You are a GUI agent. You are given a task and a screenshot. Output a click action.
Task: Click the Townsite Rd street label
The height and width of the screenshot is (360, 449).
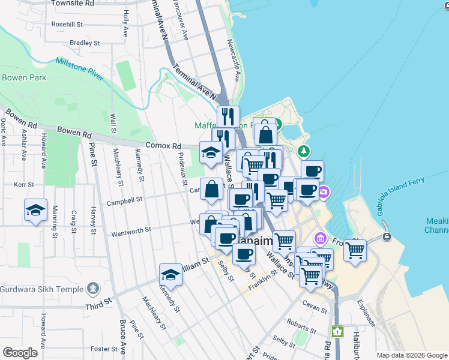pyautogui.click(x=73, y=4)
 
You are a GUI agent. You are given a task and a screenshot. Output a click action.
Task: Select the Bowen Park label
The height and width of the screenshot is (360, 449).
pyautogui.click(x=24, y=77)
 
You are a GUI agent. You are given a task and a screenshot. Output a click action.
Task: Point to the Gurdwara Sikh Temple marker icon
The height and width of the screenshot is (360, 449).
pyautogui.click(x=92, y=289)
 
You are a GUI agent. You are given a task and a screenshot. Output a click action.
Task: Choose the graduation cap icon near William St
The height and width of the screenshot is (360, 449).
pyautogui.click(x=170, y=275)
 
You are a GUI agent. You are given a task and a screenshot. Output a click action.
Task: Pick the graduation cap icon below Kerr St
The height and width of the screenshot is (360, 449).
pyautogui.click(x=35, y=210)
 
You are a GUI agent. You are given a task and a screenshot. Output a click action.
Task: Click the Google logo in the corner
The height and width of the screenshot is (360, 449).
pyautogui.click(x=20, y=352)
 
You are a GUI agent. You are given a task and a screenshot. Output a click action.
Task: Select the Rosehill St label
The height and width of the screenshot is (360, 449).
pyautogui.click(x=67, y=25)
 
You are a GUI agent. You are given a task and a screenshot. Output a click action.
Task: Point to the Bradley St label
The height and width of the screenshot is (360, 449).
pyautogui.click(x=84, y=43)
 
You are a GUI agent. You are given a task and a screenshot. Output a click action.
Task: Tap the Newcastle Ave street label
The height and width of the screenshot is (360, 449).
pyautogui.click(x=234, y=61)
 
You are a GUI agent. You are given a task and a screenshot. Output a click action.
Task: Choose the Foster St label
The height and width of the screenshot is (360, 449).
pyautogui.click(x=103, y=349)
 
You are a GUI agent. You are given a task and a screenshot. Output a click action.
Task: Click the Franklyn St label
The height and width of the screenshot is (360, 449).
pyautogui.click(x=262, y=279)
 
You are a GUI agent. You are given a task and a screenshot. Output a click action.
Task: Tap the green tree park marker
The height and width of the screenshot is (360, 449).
pyautogui.click(x=305, y=150)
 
